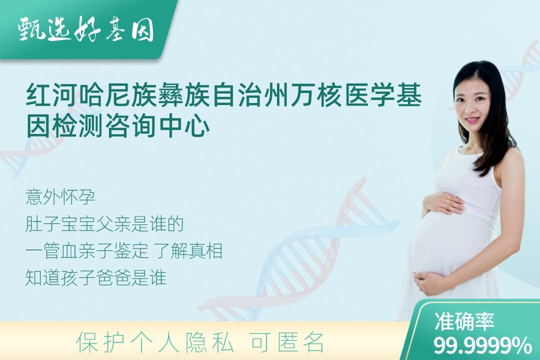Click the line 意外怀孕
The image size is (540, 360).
(x=60, y=197)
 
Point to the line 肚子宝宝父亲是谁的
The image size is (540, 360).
(x=104, y=224)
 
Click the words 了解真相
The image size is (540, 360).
(x=187, y=251)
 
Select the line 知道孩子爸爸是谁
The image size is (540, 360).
(x=95, y=278)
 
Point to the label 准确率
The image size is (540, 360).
(x=464, y=321)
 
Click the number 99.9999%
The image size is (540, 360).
(x=482, y=345)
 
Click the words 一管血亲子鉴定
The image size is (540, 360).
(x=87, y=251)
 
